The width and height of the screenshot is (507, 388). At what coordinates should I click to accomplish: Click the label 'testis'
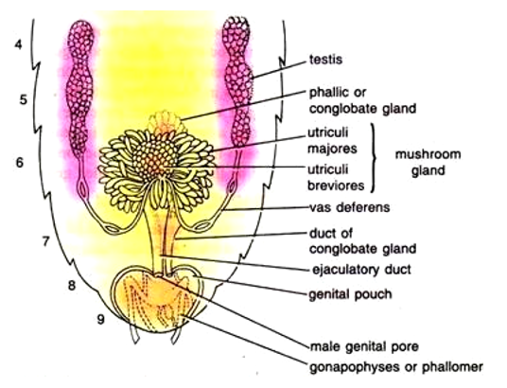[x=325, y=60]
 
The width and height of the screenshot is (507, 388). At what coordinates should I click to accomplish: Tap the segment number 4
[x=19, y=44]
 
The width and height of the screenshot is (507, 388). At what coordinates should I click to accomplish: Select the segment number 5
[x=23, y=99]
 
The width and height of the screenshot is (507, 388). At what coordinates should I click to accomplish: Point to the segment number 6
[x=20, y=162]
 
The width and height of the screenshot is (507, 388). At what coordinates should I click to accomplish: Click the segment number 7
[x=46, y=241]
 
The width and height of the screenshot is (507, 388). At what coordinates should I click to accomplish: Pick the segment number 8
[x=72, y=286]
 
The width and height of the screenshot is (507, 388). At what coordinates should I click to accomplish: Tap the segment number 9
[x=101, y=320]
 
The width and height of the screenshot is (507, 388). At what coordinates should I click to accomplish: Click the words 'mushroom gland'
[x=428, y=162]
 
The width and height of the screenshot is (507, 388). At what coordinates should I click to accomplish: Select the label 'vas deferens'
[x=350, y=207]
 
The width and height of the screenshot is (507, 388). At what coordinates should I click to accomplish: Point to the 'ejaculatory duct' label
[x=361, y=270]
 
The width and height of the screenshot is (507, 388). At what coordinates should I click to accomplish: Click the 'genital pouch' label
[x=350, y=295]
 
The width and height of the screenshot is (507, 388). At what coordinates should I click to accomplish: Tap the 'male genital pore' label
[x=364, y=347]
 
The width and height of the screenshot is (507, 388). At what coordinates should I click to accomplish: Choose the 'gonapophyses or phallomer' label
[x=396, y=367]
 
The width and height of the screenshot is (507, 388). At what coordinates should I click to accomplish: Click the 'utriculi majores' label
[x=332, y=141]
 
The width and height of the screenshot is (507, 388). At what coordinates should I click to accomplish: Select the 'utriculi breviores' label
[x=336, y=177]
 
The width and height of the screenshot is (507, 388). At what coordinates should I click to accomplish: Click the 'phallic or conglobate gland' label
[x=362, y=100]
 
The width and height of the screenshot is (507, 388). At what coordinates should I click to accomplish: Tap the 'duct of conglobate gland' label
[x=362, y=241]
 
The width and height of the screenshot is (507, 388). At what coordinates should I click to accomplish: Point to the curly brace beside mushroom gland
[x=374, y=158]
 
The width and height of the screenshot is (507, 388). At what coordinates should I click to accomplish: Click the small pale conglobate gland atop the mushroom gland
[x=165, y=121]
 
